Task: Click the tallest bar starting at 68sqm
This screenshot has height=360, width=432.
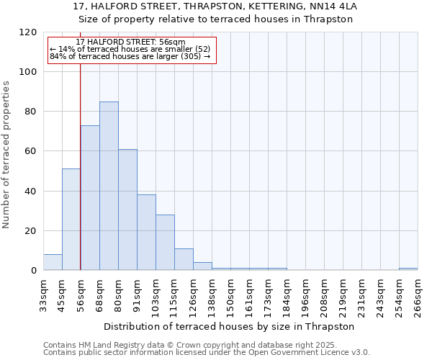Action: pos(109,186)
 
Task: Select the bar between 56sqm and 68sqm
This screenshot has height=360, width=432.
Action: pos(90,198)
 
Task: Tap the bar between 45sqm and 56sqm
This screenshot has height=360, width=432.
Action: pos(71,220)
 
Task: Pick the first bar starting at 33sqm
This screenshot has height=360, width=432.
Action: pos(53,263)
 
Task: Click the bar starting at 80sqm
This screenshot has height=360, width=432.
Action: pos(127,210)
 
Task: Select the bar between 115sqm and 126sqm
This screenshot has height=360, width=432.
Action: pos(184,259)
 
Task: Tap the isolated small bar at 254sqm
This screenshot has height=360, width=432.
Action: pos(408,269)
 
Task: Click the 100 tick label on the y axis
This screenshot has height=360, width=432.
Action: pos(28,72)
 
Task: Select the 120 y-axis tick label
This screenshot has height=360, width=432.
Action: pos(28,32)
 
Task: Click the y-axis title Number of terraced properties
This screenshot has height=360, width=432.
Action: pos(6,154)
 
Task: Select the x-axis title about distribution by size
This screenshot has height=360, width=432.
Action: pos(230,327)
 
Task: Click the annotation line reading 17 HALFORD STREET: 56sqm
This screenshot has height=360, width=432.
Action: pos(130,42)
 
